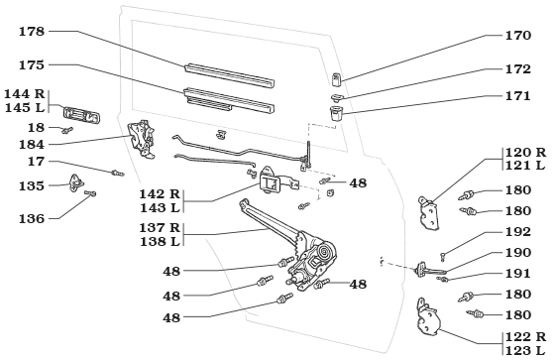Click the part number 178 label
[32, 32]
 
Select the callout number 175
[32, 65]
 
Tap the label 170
[518, 36]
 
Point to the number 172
[518, 69]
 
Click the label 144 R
[25, 94]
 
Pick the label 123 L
[525, 350]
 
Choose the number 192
[518, 232]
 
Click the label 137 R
[160, 228]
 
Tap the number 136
[32, 219]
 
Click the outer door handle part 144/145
[82, 115]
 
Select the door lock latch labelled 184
[142, 139]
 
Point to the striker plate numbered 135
[76, 182]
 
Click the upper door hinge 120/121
[429, 213]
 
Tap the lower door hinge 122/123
[428, 316]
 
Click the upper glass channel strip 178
[230, 74]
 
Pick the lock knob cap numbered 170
[336, 79]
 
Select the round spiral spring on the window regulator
[323, 252]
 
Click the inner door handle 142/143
[271, 180]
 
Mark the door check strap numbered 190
[430, 271]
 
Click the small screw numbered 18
[66, 130]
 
